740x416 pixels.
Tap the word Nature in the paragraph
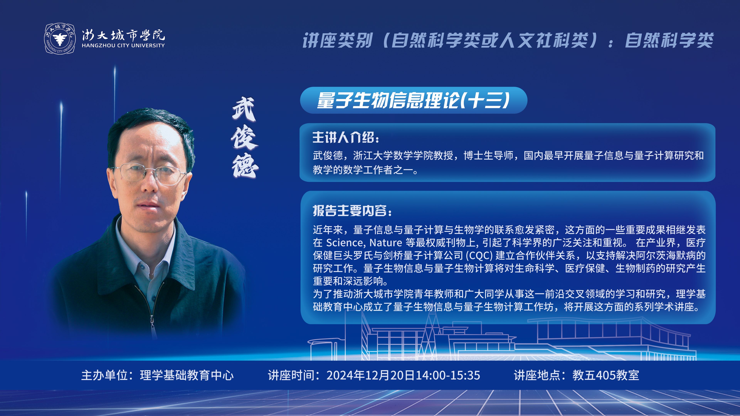[x=385, y=243]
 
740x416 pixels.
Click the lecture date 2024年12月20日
[x=371, y=375]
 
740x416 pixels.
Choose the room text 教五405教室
[x=606, y=375]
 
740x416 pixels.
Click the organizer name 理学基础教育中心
[x=187, y=375]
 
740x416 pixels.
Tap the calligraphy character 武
[x=244, y=109]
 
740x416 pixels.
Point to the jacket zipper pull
[x=152, y=326]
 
